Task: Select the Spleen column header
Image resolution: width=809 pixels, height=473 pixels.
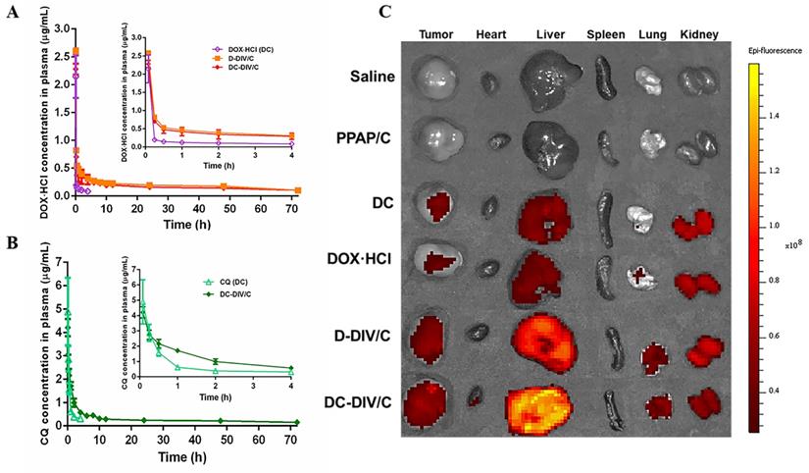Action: [x=605, y=36]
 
